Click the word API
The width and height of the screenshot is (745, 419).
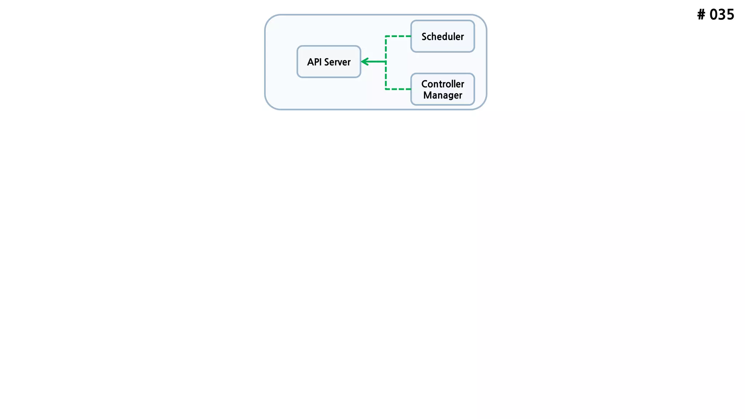tap(314, 62)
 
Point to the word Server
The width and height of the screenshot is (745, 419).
tap(337, 62)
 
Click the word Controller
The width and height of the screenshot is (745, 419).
tap(443, 84)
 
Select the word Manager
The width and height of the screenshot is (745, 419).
tap(443, 95)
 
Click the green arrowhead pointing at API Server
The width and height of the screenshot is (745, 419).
tap(364, 62)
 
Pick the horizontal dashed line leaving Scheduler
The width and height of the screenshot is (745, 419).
tap(398, 36)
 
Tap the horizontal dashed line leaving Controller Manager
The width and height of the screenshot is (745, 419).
tap(398, 89)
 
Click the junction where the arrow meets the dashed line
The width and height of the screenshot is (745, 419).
tap(386, 62)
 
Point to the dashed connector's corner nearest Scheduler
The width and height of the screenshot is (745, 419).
tap(386, 36)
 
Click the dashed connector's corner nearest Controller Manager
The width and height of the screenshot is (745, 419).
tap(386, 89)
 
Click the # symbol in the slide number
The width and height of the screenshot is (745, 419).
tap(701, 15)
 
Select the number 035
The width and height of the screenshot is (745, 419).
tap(722, 15)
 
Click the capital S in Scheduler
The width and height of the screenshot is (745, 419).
tap(425, 37)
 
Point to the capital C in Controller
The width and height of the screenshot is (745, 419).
tap(425, 84)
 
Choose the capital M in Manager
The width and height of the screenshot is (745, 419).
tap(427, 95)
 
